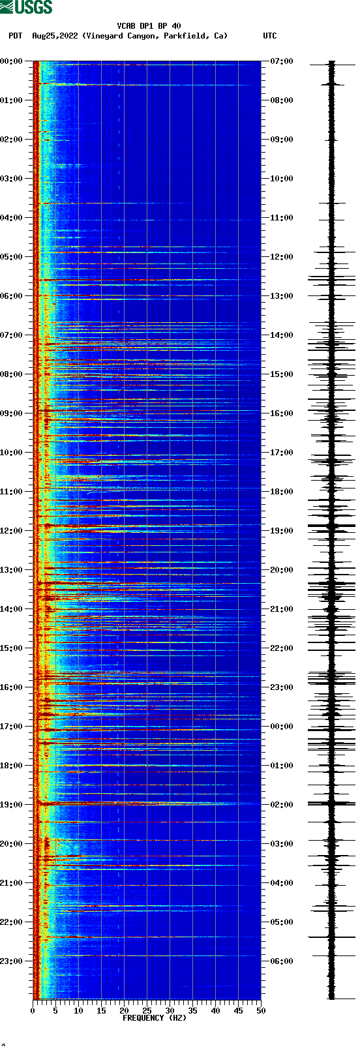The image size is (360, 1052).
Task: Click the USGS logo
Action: coord(26,7)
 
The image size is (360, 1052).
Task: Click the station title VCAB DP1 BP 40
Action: coord(149,26)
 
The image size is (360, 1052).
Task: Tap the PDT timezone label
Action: coord(15,36)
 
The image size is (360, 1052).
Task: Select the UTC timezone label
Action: coord(269,36)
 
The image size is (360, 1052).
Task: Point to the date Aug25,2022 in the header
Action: coord(55,36)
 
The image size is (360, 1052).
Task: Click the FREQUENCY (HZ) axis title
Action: coord(155,1017)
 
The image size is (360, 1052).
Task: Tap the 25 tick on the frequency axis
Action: coord(147,1010)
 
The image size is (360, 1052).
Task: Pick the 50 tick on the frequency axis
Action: coord(261,1010)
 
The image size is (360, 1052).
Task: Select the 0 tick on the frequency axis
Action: coord(33,1010)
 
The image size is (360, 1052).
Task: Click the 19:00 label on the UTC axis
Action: coord(281,530)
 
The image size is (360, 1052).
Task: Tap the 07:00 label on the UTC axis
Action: coord(281,61)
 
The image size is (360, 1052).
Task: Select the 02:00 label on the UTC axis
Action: coord(281,804)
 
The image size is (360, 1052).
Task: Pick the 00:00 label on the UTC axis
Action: coord(281,726)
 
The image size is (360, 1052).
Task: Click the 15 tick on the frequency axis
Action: coord(101,1010)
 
